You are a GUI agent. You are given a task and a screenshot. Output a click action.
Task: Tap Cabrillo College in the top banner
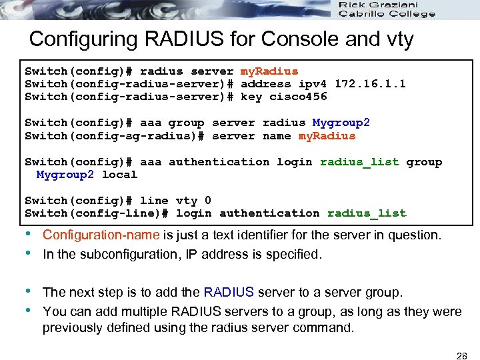pyautogui.click(x=387, y=14)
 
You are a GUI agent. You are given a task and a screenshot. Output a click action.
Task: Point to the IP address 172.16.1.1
pyautogui.click(x=370, y=84)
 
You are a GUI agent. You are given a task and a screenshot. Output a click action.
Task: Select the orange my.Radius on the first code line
pyautogui.click(x=269, y=71)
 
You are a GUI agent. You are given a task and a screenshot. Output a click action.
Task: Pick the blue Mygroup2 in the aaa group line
pyautogui.click(x=341, y=123)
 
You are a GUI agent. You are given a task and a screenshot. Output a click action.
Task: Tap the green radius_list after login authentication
pyautogui.click(x=366, y=213)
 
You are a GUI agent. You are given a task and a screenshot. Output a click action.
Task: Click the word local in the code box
pyautogui.click(x=119, y=175)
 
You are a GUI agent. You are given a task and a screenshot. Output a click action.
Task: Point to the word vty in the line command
pyautogui.click(x=187, y=201)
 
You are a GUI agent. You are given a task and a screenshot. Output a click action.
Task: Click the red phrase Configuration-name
pyautogui.click(x=101, y=235)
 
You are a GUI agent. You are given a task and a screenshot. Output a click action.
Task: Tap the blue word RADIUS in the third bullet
pyautogui.click(x=229, y=293)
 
